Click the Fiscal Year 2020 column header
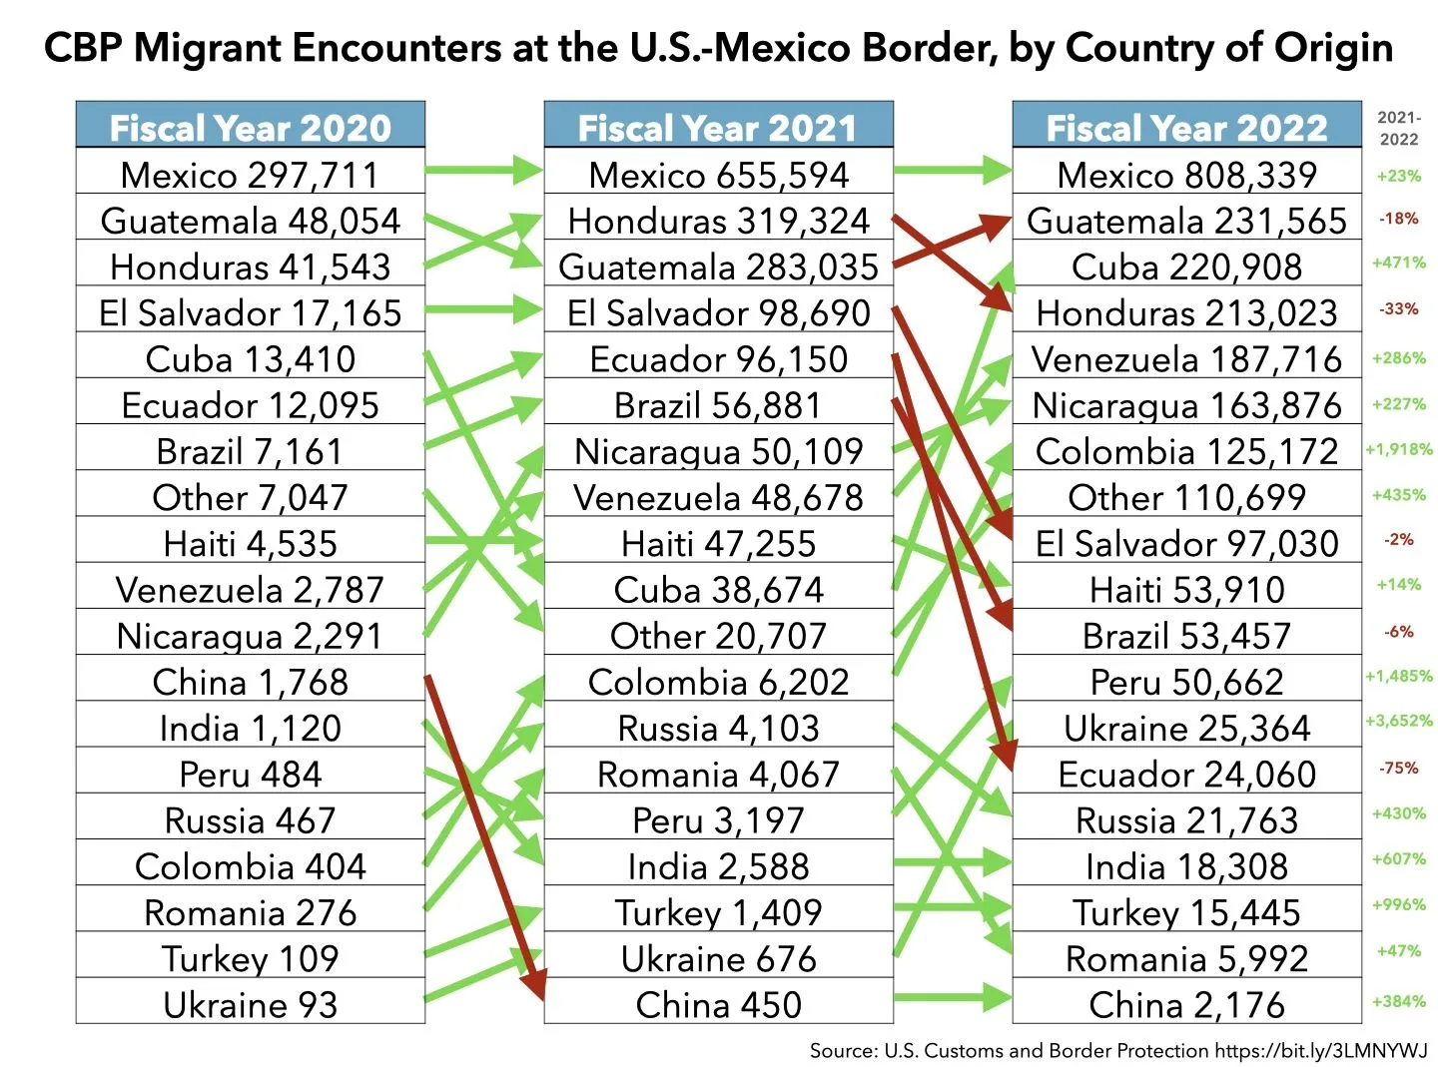(x=250, y=127)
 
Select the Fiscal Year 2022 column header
(x=1186, y=127)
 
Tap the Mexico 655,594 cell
(x=718, y=175)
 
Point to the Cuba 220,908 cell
(x=1186, y=267)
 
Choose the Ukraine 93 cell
(x=250, y=1004)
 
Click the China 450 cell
(x=718, y=1004)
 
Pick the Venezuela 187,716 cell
(x=1186, y=359)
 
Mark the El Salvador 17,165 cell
(x=250, y=312)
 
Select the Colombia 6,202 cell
(x=718, y=682)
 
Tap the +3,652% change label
(x=1399, y=721)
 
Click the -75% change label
(x=1399, y=768)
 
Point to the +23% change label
(x=1399, y=176)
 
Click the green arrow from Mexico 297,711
(x=484, y=170)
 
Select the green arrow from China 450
(x=953, y=996)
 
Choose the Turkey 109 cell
(x=250, y=958)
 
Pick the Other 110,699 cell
(x=1186, y=497)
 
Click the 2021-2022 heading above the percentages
(x=1399, y=128)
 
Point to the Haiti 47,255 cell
(x=718, y=544)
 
